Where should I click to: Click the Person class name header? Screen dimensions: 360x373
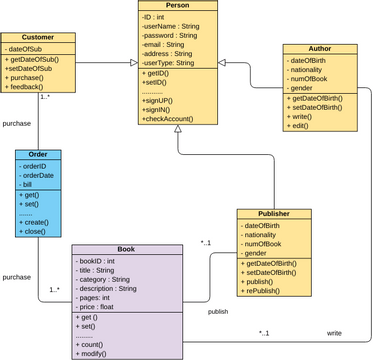(178, 6)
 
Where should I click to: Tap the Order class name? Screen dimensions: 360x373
(38, 155)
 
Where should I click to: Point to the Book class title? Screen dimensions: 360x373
(126, 249)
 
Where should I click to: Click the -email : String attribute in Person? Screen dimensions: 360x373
(165, 44)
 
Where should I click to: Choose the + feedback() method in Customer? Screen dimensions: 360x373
(31, 88)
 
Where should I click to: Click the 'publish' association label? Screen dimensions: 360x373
(218, 311)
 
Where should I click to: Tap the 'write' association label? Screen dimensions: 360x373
(334, 332)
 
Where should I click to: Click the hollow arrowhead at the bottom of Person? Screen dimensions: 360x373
(177, 130)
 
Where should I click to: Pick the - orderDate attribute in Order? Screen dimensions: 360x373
(40, 176)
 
